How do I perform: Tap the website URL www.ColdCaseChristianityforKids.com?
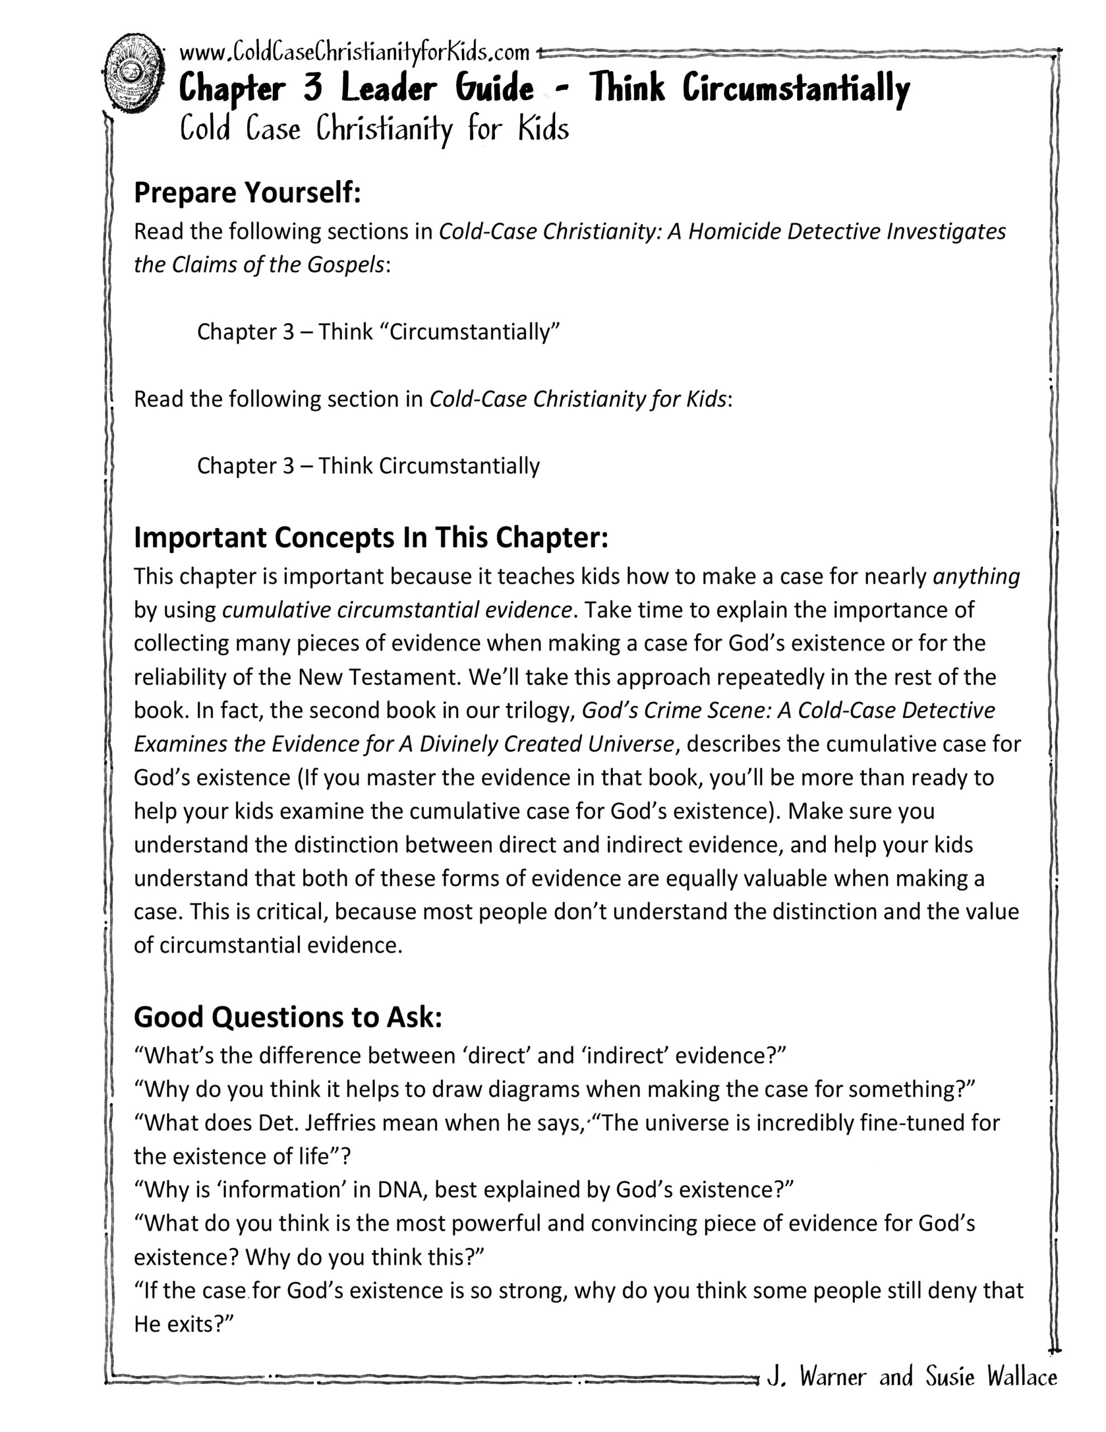click(x=354, y=52)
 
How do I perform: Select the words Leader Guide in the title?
click(x=437, y=88)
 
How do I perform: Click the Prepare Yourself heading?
click(x=247, y=193)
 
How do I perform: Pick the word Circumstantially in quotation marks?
click(x=475, y=332)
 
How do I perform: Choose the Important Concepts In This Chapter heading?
click(x=371, y=538)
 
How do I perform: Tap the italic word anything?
click(x=976, y=576)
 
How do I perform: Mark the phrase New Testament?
click(x=379, y=677)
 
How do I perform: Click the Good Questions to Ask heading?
click(x=288, y=1017)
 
